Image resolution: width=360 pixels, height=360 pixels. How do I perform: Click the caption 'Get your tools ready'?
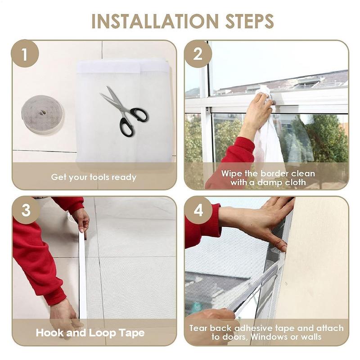(x=94, y=177)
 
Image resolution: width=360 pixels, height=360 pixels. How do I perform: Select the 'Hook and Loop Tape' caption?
(x=90, y=333)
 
